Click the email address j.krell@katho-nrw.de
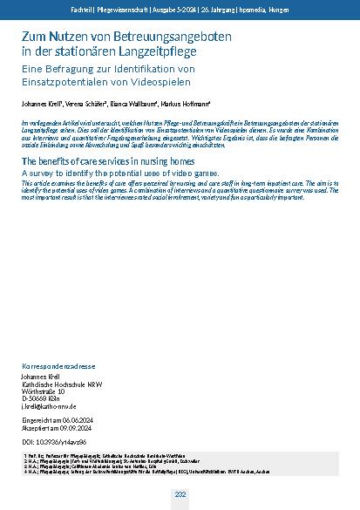coord(51,406)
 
